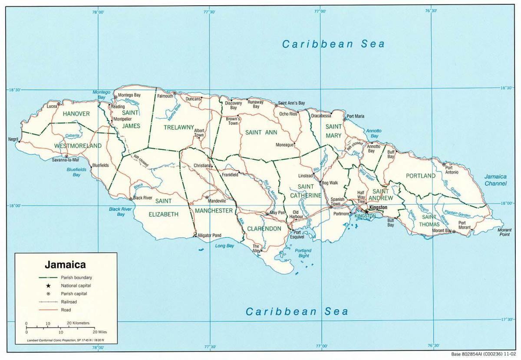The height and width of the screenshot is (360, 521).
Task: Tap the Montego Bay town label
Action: point(129,95)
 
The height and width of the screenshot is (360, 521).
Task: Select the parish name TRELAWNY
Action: point(178,127)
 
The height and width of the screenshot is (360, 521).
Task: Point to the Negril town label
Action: point(13,139)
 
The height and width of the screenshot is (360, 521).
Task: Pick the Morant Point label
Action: point(504,232)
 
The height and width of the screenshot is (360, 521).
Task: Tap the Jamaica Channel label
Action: point(495,180)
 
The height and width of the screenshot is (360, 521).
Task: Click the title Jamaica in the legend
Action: point(65,264)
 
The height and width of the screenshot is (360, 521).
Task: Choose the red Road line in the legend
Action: point(48,310)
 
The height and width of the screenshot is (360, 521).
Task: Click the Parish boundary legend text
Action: point(76,277)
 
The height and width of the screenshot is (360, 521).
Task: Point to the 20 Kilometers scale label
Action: point(78,323)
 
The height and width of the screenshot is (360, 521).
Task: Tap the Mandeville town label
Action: point(217,201)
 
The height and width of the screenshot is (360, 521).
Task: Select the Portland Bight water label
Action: point(303,253)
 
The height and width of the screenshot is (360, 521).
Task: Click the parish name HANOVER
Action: point(76,114)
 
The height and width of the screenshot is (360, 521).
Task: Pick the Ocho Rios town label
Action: point(288,114)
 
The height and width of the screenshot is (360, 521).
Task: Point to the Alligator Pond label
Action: point(209,235)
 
